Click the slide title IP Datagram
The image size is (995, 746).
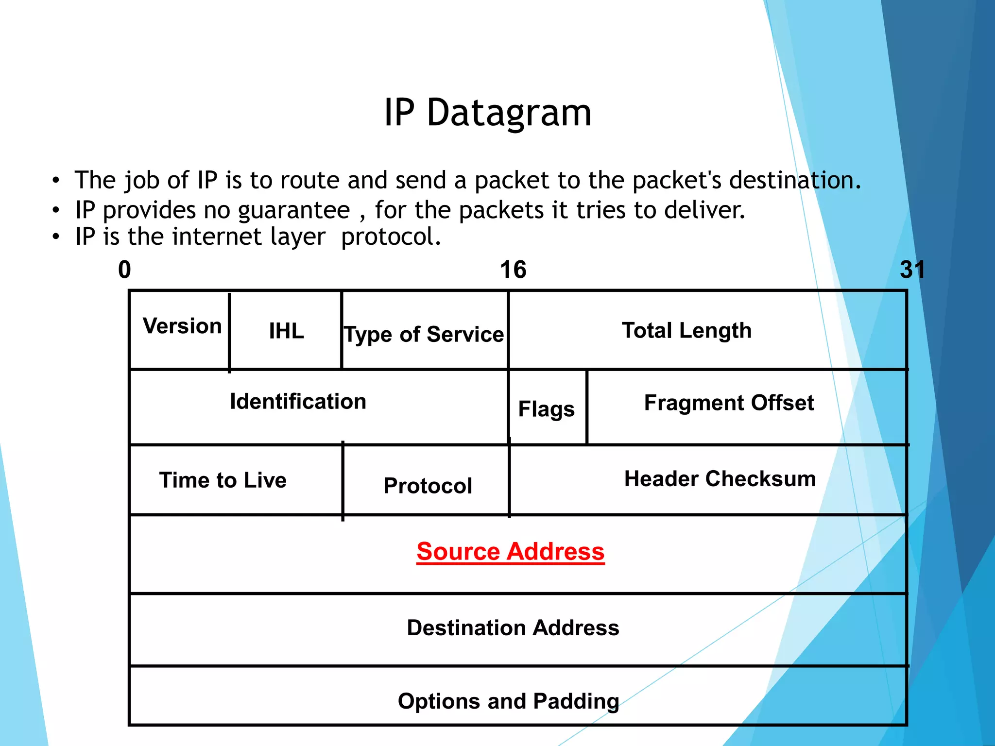click(488, 113)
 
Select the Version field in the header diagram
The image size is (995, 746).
click(182, 326)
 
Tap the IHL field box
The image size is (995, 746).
click(286, 331)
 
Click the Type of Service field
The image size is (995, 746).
click(424, 334)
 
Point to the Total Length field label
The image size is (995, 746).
click(686, 331)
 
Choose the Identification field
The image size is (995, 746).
click(298, 402)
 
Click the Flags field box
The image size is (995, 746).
click(547, 408)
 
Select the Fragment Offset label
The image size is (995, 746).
click(729, 403)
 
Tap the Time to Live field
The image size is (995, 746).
click(223, 480)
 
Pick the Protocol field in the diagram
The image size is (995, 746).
click(428, 486)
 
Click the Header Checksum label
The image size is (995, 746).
click(720, 479)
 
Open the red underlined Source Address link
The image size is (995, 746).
click(510, 552)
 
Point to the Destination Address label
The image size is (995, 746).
click(513, 627)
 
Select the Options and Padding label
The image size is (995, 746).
click(508, 701)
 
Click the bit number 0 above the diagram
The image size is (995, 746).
click(124, 270)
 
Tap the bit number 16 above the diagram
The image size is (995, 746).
click(513, 270)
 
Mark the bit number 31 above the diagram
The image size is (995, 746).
click(912, 270)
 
